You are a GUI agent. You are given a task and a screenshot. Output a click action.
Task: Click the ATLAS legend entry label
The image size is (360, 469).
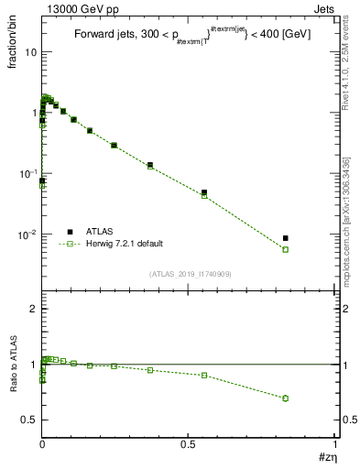(x=101, y=232)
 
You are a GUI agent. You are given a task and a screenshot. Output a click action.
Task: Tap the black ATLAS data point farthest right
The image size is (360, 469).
(x=286, y=238)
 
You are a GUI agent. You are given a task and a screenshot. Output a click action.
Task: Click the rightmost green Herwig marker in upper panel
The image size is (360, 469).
(x=286, y=249)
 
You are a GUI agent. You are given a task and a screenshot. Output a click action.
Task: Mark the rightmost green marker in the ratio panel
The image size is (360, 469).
(x=286, y=398)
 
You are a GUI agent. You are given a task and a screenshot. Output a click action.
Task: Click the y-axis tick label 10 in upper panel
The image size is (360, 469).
(x=30, y=52)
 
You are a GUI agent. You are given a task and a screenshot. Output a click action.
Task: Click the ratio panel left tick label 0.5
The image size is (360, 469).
(x=28, y=420)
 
